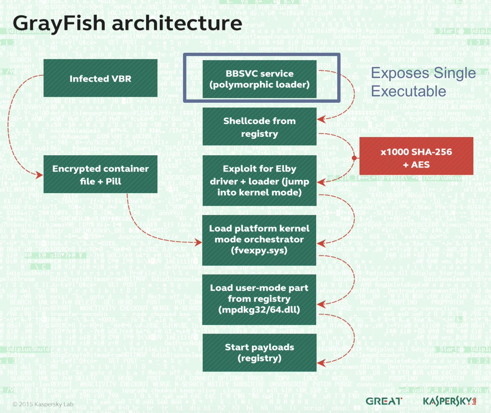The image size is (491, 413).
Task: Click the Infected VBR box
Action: pos(100,79)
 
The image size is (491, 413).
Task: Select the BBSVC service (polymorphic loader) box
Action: pos(259,79)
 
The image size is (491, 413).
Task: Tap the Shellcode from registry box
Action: pos(259,127)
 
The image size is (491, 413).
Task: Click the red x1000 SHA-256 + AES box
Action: pos(416,158)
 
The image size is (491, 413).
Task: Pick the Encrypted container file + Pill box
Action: pos(100,174)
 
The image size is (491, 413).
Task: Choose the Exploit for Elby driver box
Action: pos(259,181)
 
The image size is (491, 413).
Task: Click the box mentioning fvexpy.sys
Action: pos(259,239)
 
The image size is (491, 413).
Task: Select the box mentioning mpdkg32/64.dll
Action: pos(259,299)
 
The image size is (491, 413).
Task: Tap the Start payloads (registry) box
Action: pos(259,352)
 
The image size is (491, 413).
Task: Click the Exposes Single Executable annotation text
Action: pos(423,82)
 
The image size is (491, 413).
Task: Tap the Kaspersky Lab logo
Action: pos(449,401)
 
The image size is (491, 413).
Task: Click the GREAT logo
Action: pos(384,401)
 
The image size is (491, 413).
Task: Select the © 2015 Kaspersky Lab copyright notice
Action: pos(43,404)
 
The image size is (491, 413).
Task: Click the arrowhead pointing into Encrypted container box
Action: pos(40,175)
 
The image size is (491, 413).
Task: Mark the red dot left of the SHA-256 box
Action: pos(354,158)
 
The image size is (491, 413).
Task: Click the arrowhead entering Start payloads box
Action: pos(321,363)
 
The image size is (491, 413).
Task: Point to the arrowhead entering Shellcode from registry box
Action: pos(321,119)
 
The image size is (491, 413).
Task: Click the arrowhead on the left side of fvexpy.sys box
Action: pos(199,242)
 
